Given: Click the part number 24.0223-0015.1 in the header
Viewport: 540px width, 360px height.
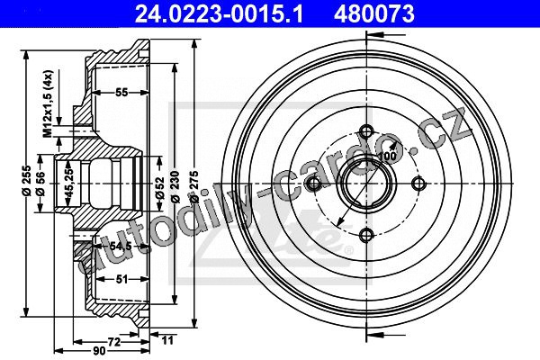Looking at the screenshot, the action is (219, 14).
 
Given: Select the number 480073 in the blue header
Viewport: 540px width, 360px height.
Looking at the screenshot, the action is (374, 14).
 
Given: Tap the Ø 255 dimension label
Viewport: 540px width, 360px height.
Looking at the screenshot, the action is (27, 181).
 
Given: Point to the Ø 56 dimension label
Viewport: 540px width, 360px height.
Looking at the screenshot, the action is (40, 184).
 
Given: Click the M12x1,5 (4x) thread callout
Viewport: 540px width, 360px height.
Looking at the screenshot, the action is (48, 103).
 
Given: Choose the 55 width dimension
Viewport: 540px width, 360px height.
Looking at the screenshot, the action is (121, 93).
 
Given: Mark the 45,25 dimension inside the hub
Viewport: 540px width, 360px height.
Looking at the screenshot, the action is (69, 184).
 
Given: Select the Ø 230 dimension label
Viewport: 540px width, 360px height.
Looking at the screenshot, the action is (175, 186).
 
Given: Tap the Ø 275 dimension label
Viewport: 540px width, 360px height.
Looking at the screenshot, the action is (194, 186).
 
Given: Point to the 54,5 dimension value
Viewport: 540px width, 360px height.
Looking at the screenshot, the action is (121, 246).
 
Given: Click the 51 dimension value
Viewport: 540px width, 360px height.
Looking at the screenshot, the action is (121, 279).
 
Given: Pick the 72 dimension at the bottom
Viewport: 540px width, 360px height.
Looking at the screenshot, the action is (114, 342).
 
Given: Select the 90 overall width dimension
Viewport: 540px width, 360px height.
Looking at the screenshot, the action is (99, 351).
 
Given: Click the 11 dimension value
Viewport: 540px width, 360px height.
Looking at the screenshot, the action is (167, 340).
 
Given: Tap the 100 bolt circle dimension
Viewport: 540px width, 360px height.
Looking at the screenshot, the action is (387, 156).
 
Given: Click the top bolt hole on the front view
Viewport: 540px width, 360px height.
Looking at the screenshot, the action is (366, 131).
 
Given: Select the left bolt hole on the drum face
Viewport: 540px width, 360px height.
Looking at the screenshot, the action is (313, 184).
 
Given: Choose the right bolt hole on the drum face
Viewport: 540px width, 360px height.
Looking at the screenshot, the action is (418, 184).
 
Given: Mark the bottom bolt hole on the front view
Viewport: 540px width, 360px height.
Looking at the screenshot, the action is (366, 236).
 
